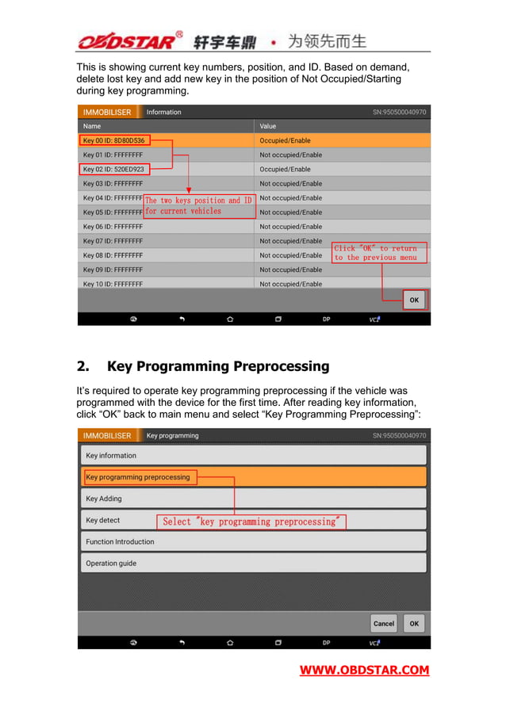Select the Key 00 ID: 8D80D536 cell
pos(114,140)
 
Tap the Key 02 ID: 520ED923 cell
pos(114,169)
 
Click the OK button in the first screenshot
pos(414,300)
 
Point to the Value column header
pos(268,126)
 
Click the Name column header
pos(93,126)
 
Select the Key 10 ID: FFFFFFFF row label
pos(113,284)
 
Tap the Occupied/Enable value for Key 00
pos(286,140)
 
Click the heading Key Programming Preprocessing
pos(217,366)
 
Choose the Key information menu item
pos(111,456)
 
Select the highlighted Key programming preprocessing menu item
pos(138,477)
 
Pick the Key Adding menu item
pos(104,499)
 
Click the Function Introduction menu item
pos(121,542)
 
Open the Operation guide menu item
pos(111,564)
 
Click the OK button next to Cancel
pos(414,624)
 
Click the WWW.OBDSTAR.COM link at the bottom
pos(364,671)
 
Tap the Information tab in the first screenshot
pos(163,112)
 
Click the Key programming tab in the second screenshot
pos(173,435)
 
